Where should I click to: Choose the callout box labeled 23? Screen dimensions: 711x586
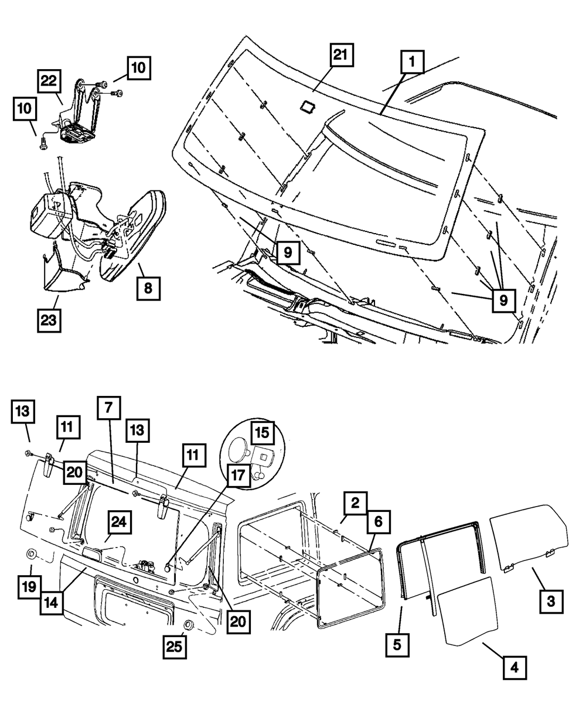click(x=50, y=320)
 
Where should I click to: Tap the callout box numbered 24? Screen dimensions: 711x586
click(x=119, y=522)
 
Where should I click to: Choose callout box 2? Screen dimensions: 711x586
click(x=355, y=502)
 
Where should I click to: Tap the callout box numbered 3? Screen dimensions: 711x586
click(x=551, y=601)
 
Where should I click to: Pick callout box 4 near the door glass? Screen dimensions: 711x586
click(x=514, y=666)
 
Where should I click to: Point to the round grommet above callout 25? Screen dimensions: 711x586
click(x=189, y=623)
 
